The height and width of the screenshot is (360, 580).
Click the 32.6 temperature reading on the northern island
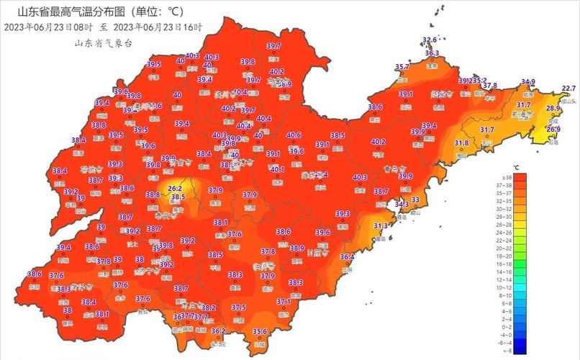[x=430, y=40]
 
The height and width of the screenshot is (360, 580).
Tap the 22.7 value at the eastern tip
[x=568, y=89]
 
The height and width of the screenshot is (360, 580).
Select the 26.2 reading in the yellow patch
[x=174, y=189]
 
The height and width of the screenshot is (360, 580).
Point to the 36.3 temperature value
[x=432, y=53]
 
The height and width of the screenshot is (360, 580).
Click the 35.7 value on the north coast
[x=402, y=67]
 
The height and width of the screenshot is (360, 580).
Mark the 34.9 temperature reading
[x=528, y=82]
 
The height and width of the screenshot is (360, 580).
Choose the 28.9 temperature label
[x=553, y=108]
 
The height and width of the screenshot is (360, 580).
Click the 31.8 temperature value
[x=461, y=143]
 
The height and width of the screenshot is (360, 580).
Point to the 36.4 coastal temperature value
[x=347, y=257]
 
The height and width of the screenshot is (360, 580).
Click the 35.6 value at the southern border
[x=260, y=331]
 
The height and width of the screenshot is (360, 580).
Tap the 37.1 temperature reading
[x=284, y=302]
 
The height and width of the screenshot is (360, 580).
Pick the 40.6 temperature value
[x=294, y=135]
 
